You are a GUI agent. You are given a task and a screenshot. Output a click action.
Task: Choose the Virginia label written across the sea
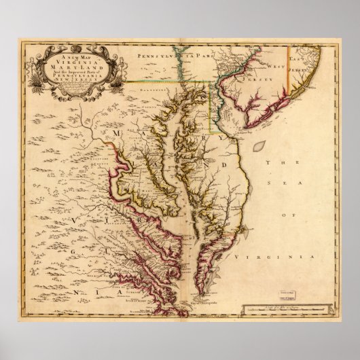274,259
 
